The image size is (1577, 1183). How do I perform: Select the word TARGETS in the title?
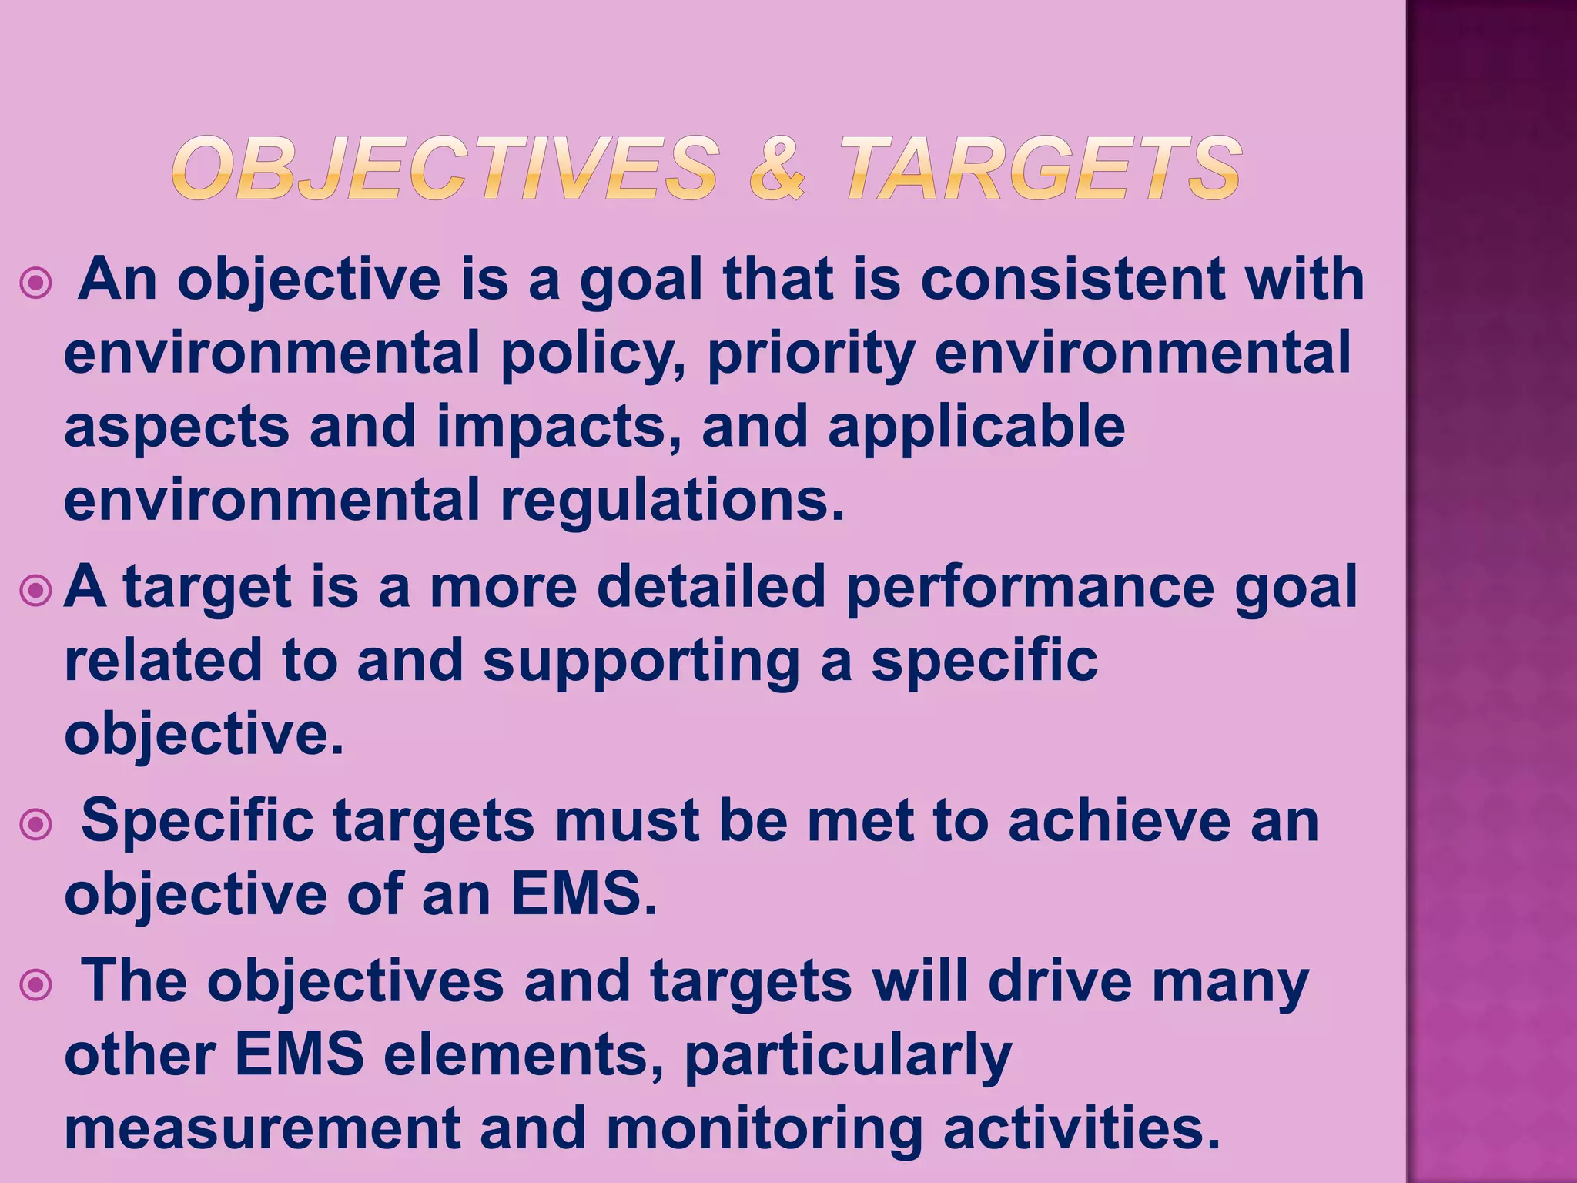1040,169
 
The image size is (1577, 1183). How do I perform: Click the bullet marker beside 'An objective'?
36,283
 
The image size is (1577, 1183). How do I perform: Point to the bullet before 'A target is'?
36,591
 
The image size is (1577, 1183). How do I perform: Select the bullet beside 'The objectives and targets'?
36,985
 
